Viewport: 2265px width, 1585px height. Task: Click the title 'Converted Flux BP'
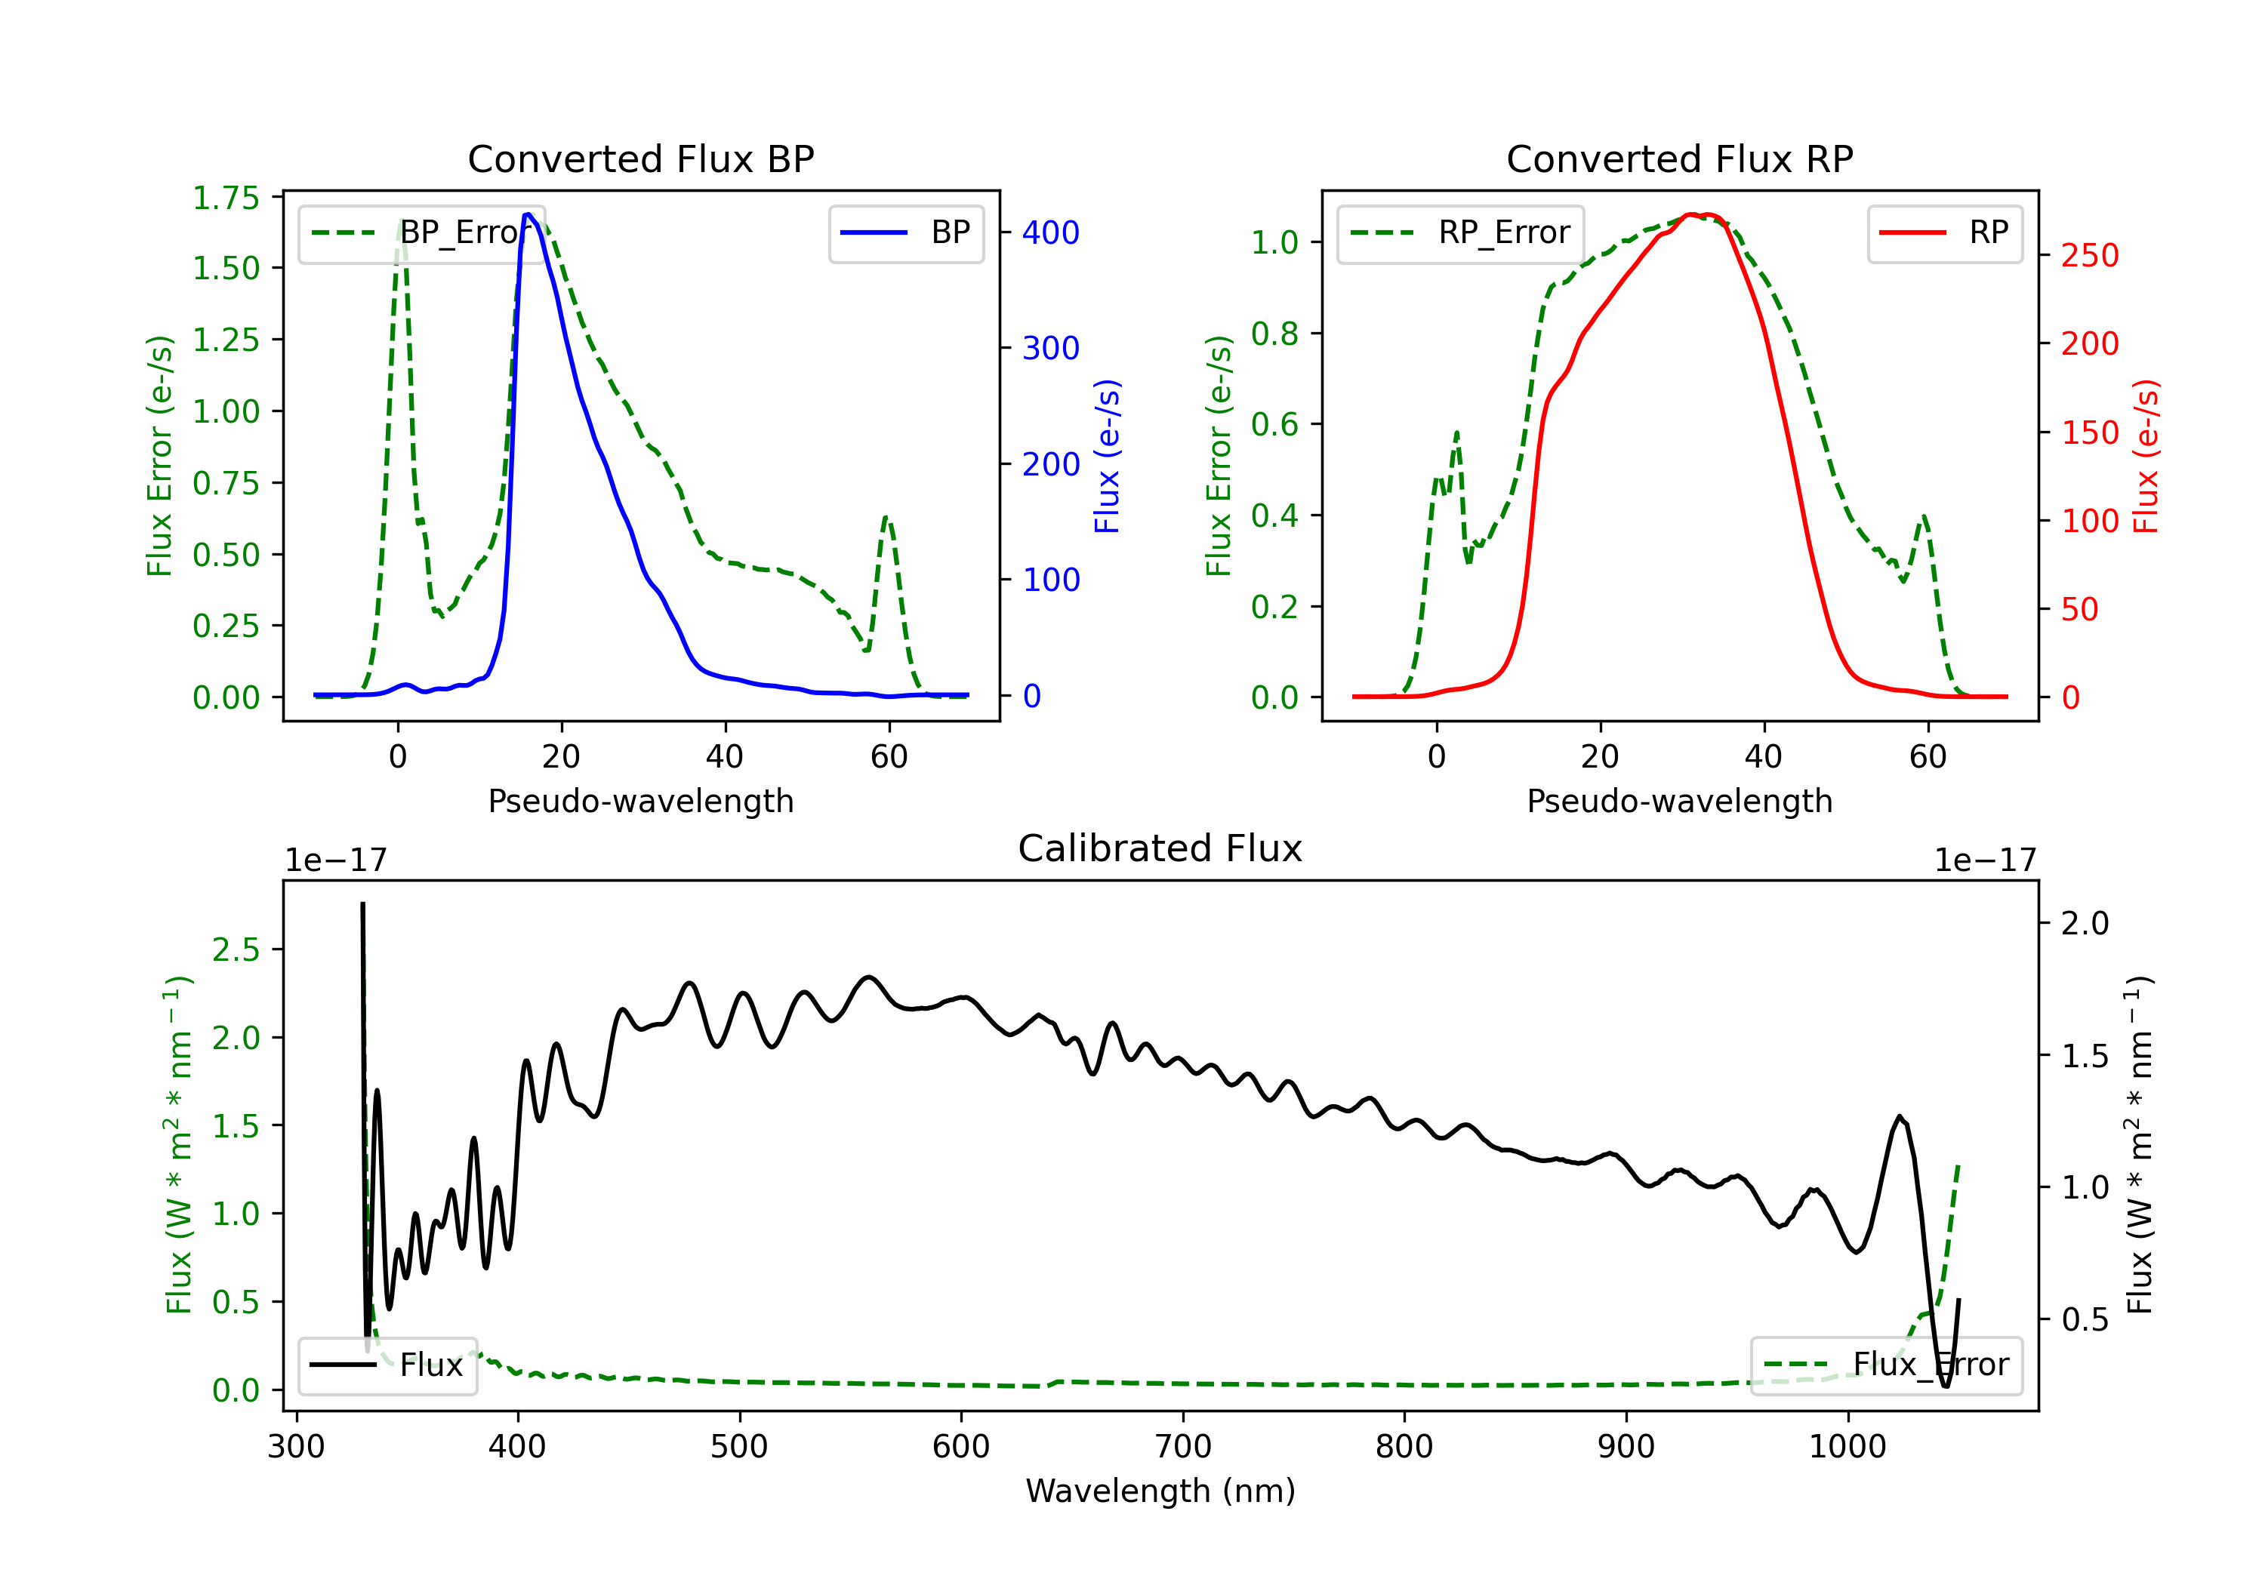click(640, 158)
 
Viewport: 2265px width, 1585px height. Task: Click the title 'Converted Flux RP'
click(1679, 158)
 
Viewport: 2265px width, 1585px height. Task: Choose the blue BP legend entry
click(905, 232)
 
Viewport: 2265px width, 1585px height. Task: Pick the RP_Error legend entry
click(1460, 232)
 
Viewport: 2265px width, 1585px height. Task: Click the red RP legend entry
click(1944, 232)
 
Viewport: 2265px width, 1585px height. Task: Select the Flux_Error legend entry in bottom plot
click(1886, 1365)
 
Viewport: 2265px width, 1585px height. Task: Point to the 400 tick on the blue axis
click(1051, 232)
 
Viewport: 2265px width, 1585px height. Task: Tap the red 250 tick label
click(2089, 255)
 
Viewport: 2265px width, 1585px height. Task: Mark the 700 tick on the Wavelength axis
click(1182, 1447)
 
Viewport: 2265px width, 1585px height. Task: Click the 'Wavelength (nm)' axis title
click(1160, 1491)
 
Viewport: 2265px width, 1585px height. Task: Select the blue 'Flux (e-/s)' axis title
click(1108, 456)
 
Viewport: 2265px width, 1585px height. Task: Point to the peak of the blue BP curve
click(528, 214)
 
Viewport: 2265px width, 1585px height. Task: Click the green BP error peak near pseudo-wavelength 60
click(886, 517)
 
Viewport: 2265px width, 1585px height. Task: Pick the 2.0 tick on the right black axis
click(2085, 923)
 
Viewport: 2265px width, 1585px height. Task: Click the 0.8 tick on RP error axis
click(1274, 334)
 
